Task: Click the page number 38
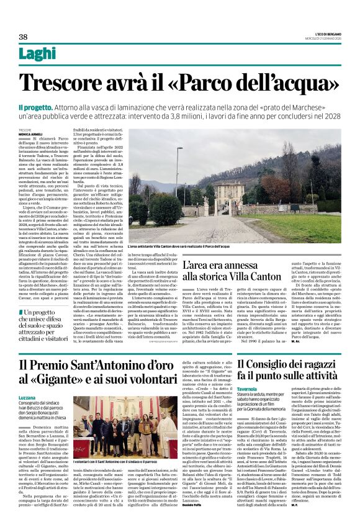tap(24, 37)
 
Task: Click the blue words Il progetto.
tap(35, 107)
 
